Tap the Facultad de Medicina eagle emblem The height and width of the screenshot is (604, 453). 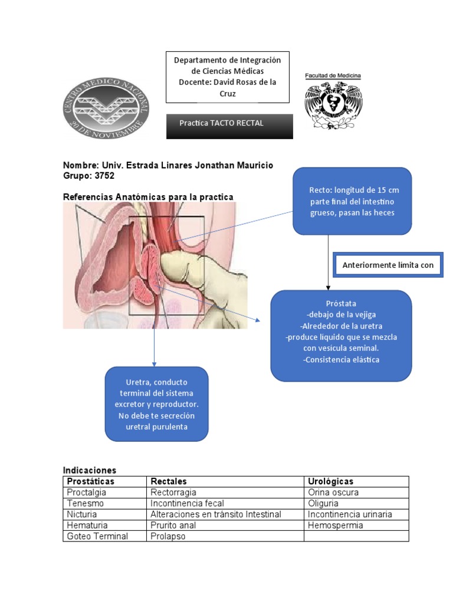[x=333, y=105]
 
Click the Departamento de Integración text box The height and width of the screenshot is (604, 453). [x=227, y=77]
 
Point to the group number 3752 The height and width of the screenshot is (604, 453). [x=103, y=176]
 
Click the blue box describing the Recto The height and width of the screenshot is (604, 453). [x=352, y=201]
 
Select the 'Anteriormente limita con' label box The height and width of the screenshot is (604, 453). [x=388, y=265]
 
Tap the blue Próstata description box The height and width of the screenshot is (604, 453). [x=341, y=335]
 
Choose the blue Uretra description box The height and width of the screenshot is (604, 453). [x=156, y=404]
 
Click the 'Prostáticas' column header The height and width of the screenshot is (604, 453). [x=91, y=481]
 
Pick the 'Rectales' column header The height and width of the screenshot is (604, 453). [x=169, y=481]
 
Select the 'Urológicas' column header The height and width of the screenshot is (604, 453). [x=331, y=481]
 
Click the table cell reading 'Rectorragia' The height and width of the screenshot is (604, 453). [x=173, y=493]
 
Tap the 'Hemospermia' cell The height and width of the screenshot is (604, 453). [x=336, y=525]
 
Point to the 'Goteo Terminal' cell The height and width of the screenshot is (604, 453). [x=97, y=536]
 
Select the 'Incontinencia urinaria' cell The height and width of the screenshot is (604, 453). [x=350, y=514]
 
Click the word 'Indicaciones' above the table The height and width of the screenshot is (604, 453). [x=90, y=470]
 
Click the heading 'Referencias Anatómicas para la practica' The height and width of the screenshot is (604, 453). [x=148, y=196]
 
